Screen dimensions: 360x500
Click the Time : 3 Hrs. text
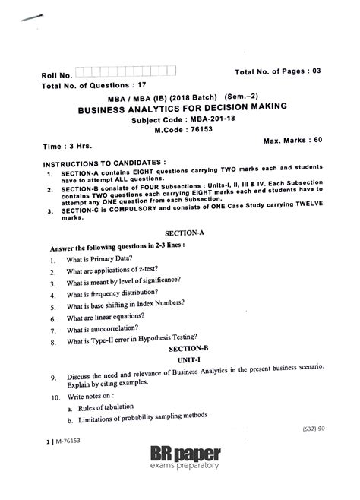click(63, 146)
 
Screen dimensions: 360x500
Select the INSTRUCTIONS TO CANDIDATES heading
click(104, 163)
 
